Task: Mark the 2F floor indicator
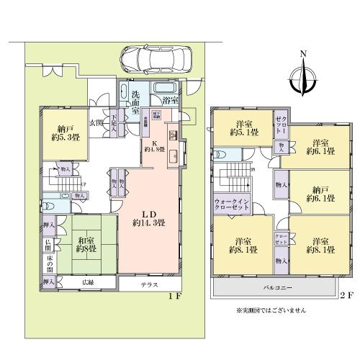point(348,296)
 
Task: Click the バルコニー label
point(278,286)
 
